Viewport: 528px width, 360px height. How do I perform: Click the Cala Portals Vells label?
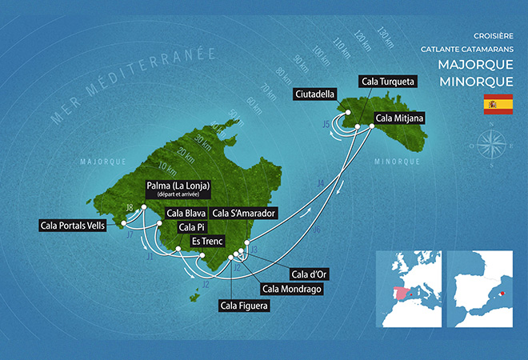pyautogui.click(x=77, y=226)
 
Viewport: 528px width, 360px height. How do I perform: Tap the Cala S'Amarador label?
pyautogui.click(x=245, y=214)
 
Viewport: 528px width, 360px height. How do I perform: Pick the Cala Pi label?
pyautogui.click(x=181, y=227)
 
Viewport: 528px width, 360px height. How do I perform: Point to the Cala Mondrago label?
pyautogui.click(x=291, y=289)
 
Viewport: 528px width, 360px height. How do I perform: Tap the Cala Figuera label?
pyautogui.click(x=244, y=305)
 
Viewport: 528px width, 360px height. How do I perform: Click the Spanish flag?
pyautogui.click(x=498, y=103)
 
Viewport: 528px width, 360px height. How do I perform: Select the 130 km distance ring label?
pyautogui.click(x=386, y=36)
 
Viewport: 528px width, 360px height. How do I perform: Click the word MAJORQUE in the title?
pyautogui.click(x=471, y=64)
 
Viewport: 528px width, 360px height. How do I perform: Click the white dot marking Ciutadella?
pyautogui.click(x=349, y=112)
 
